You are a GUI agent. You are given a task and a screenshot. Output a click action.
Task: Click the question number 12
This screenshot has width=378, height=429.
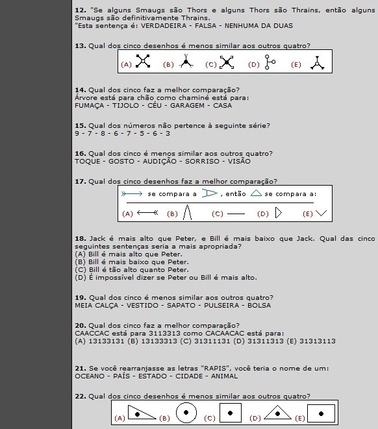click(81, 10)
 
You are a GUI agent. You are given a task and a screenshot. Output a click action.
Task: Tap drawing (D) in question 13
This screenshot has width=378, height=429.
click(270, 62)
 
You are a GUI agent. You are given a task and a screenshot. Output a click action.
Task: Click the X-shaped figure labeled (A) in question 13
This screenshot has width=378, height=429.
click(143, 61)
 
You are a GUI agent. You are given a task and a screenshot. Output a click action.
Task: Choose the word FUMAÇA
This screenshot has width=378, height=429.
click(89, 106)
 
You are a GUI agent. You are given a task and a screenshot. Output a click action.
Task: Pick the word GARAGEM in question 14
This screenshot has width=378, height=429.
click(187, 106)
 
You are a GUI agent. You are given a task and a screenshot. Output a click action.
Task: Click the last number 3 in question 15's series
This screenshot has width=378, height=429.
click(168, 134)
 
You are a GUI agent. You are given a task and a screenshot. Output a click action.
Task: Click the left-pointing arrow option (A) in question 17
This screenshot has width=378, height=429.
click(147, 213)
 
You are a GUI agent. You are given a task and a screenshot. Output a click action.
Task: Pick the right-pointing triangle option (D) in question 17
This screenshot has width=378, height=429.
click(279, 213)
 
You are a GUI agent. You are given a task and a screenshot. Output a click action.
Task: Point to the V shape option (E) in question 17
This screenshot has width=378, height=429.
click(321, 213)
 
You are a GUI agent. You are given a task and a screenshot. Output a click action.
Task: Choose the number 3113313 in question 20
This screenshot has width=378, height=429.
click(165, 334)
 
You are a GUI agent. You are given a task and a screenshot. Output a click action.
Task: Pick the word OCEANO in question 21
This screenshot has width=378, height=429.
click(90, 376)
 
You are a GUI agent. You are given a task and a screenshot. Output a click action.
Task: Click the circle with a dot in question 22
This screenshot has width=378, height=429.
click(186, 413)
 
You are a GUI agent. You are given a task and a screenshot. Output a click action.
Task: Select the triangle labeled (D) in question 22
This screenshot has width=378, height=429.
click(277, 412)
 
